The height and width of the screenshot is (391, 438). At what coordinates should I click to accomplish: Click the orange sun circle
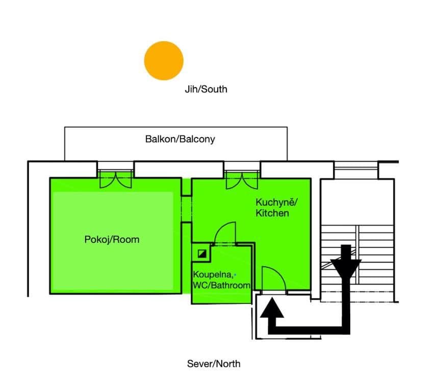pyautogui.click(x=163, y=61)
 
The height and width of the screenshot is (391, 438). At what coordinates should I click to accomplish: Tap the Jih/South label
pyautogui.click(x=205, y=89)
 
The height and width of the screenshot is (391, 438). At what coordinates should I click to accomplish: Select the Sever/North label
pyautogui.click(x=214, y=364)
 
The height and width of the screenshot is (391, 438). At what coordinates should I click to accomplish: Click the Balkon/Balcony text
pyautogui.click(x=180, y=139)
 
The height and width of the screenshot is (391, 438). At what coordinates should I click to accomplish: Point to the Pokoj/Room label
pyautogui.click(x=112, y=239)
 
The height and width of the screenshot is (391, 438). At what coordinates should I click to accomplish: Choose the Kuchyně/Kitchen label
pyautogui.click(x=276, y=207)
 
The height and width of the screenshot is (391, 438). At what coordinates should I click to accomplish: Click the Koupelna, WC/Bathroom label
pyautogui.click(x=221, y=280)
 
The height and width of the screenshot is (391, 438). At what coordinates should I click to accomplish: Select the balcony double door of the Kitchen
pyautogui.click(x=242, y=179)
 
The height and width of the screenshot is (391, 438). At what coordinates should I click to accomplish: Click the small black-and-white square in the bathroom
pyautogui.click(x=203, y=252)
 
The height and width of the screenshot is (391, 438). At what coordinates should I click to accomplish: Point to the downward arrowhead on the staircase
pyautogui.click(x=346, y=268)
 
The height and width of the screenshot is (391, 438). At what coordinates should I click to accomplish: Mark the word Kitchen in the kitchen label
pyautogui.click(x=272, y=213)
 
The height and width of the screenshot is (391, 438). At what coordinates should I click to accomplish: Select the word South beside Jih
pyautogui.click(x=215, y=89)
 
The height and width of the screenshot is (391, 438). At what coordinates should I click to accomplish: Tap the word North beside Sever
pyautogui.click(x=227, y=364)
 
